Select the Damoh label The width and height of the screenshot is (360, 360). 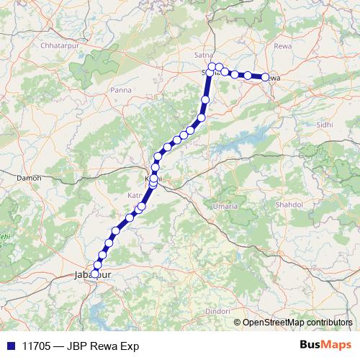pos(29,177)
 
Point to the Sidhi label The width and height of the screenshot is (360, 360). pos(325,125)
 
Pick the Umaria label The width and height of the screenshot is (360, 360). pos(225,207)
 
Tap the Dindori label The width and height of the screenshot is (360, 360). pos(216,310)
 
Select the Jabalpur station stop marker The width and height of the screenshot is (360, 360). pos(94,274)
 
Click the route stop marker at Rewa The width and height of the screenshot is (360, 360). pos(265,77)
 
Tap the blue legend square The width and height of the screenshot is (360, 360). pos(10,346)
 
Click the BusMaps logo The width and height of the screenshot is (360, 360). pos(325,346)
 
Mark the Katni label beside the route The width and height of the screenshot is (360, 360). pos(135,195)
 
